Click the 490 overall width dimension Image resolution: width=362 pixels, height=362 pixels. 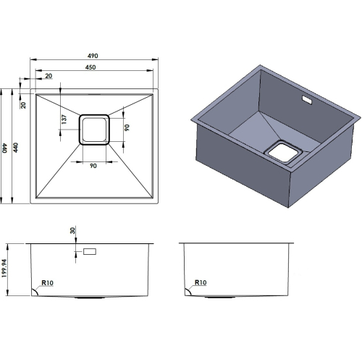pyautogui.click(x=93, y=56)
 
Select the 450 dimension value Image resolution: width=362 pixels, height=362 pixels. pyautogui.click(x=90, y=67)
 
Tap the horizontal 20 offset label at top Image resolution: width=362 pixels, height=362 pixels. pyautogui.click(x=49, y=76)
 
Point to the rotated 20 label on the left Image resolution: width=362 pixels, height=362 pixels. pyautogui.click(x=23, y=105)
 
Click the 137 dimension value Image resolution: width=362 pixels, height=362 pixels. pyautogui.click(x=64, y=119)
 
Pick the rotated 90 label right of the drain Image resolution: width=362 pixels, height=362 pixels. pyautogui.click(x=127, y=127)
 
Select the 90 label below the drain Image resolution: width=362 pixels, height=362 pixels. pyautogui.click(x=93, y=166)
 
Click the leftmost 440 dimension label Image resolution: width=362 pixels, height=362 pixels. pyautogui.click(x=4, y=148)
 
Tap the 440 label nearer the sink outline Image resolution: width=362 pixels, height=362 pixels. pyautogui.click(x=15, y=148)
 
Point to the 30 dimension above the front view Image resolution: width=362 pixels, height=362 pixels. pyautogui.click(x=72, y=230)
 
